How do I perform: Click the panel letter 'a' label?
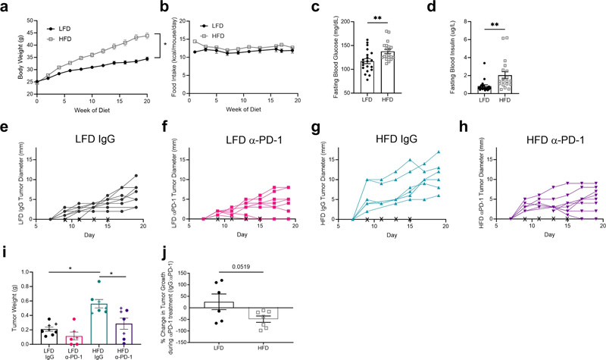(5, 6)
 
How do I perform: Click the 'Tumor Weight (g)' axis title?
(8, 307)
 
